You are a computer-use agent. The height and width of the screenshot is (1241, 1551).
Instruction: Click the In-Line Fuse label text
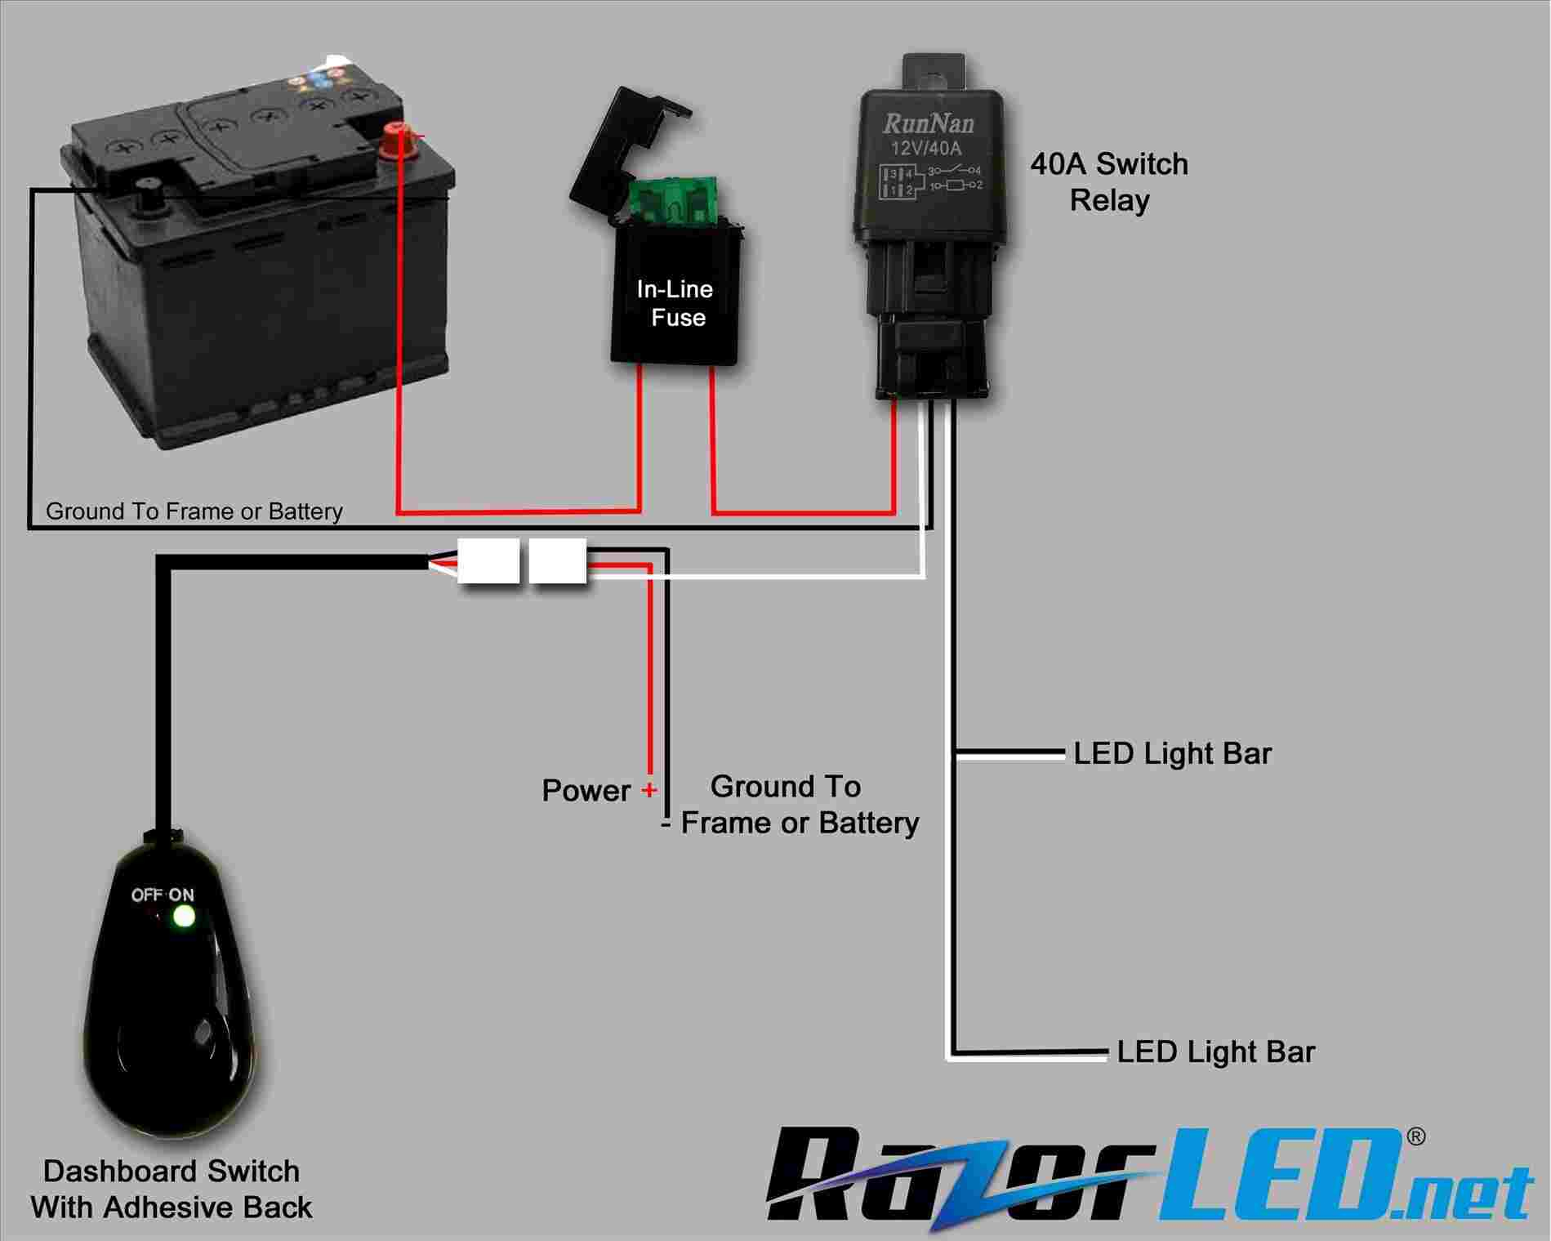click(x=675, y=303)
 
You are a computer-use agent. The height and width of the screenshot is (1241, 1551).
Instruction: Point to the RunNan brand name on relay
click(x=929, y=123)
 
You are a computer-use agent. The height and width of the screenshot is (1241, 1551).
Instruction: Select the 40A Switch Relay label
click(x=1109, y=181)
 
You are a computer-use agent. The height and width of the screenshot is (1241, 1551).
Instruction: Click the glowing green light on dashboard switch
click(x=183, y=917)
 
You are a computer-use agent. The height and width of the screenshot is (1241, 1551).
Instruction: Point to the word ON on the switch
click(x=181, y=895)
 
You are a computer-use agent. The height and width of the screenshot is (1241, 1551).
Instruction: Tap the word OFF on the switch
click(x=147, y=895)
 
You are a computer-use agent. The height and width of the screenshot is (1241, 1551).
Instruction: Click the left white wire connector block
click(x=488, y=560)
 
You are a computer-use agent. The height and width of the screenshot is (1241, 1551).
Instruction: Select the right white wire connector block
click(x=558, y=560)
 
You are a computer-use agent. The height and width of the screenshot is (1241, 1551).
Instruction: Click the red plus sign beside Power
click(x=648, y=790)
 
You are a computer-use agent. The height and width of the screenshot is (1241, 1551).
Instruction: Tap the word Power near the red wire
click(x=586, y=791)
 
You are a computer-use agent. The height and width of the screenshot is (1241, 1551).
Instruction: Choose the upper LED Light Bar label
click(x=1172, y=753)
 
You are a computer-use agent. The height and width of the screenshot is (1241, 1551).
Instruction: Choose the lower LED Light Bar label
click(x=1215, y=1051)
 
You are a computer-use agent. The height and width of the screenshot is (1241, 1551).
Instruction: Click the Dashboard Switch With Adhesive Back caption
click(x=172, y=1189)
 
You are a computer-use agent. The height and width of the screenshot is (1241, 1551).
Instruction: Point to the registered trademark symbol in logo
click(x=1417, y=1136)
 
